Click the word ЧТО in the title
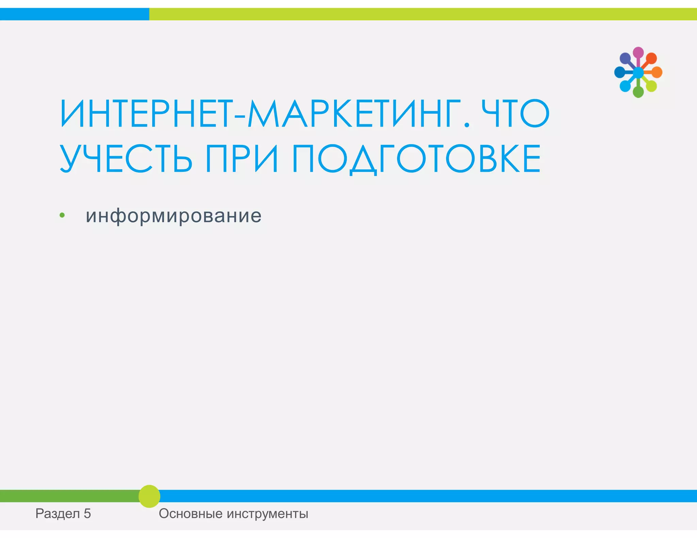pos(515,114)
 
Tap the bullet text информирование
pos(174,216)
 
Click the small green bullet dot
pos(62,215)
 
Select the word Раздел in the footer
pos(58,514)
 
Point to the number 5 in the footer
pos(87,514)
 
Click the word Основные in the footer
pos(190,514)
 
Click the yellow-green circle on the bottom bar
pos(149,496)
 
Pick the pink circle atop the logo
pos(638,52)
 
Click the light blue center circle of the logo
pos(638,72)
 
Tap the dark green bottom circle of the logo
pos(638,92)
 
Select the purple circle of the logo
pos(625,58)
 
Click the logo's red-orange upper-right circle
pos(651,58)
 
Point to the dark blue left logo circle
pos(619,72)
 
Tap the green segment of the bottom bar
pos(68,496)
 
